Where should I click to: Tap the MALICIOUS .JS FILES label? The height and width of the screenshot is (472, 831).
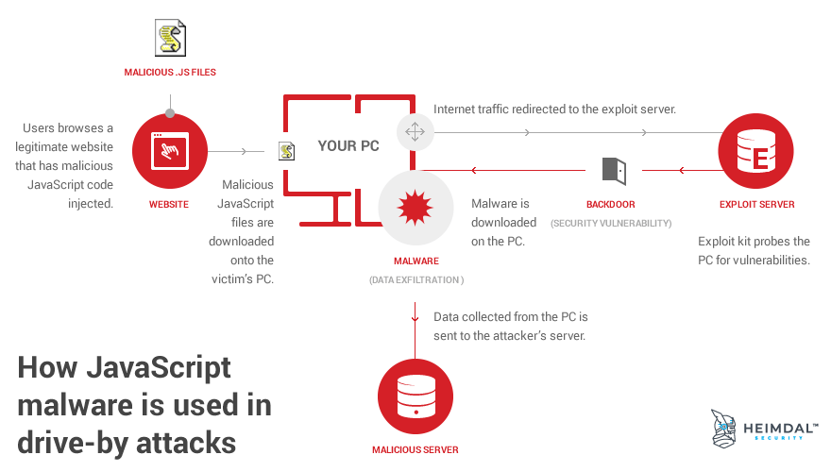tap(171, 72)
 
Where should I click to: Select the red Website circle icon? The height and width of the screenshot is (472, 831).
tap(170, 151)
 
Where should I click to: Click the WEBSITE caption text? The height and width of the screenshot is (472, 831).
tap(169, 204)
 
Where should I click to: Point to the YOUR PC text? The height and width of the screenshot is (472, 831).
tap(349, 145)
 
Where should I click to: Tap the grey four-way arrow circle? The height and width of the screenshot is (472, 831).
tap(415, 131)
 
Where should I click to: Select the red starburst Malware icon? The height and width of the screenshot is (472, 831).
tap(416, 208)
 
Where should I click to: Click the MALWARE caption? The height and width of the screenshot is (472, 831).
tap(416, 261)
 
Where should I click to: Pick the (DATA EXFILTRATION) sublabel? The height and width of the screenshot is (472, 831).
tap(416, 280)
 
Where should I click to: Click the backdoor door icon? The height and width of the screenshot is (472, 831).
tap(613, 170)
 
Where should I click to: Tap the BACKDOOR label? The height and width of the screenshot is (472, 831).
tap(611, 204)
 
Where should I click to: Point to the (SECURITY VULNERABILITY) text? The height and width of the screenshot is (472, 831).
tap(611, 224)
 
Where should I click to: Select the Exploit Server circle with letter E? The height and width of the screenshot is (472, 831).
tap(755, 151)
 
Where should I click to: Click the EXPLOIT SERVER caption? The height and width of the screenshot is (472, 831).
tap(756, 204)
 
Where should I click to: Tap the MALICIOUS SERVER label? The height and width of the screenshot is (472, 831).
tap(415, 450)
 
